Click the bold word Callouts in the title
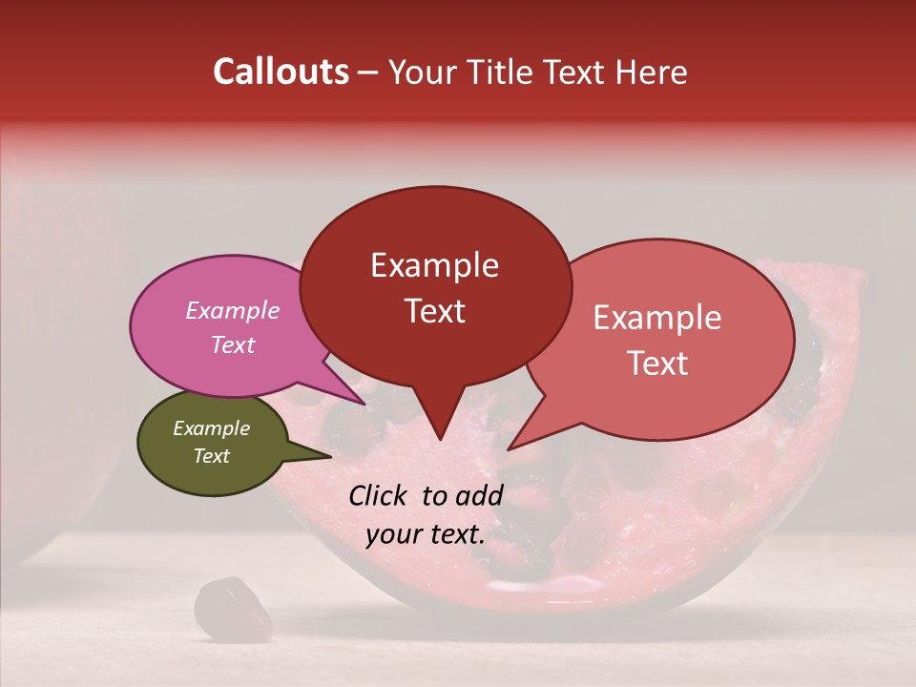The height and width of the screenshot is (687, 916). [281, 72]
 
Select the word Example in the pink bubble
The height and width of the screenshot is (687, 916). [232, 310]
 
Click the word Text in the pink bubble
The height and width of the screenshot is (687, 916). [232, 344]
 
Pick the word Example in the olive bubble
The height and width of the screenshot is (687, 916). [211, 428]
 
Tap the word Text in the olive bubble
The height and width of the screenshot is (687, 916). [211, 456]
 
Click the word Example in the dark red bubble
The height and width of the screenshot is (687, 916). [434, 265]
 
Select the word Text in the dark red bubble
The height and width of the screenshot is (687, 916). [434, 311]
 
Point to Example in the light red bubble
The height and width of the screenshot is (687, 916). [657, 318]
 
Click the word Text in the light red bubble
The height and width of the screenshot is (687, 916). [657, 364]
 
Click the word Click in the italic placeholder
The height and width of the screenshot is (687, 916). [381, 495]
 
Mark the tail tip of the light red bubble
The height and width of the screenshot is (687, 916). [509, 448]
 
